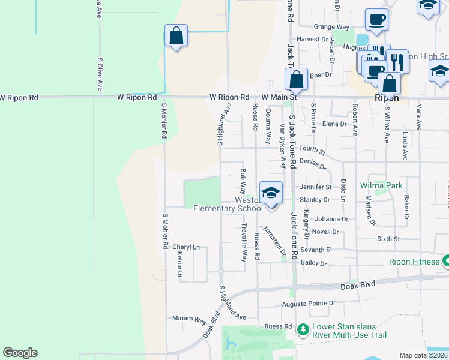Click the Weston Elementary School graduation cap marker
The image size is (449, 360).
(x=271, y=193)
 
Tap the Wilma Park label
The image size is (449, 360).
(x=381, y=186)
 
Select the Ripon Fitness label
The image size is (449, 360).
(x=411, y=261)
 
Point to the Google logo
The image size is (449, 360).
(x=20, y=353)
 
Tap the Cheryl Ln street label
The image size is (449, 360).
(x=186, y=247)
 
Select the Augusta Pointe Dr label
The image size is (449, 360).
(x=308, y=304)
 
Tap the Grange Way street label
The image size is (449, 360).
(x=331, y=27)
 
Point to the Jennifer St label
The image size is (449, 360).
(x=316, y=187)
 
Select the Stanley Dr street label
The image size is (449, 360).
(x=315, y=199)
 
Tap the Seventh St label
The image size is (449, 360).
(x=316, y=250)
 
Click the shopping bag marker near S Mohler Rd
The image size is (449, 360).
(x=176, y=36)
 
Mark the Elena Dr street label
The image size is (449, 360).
(x=334, y=124)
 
